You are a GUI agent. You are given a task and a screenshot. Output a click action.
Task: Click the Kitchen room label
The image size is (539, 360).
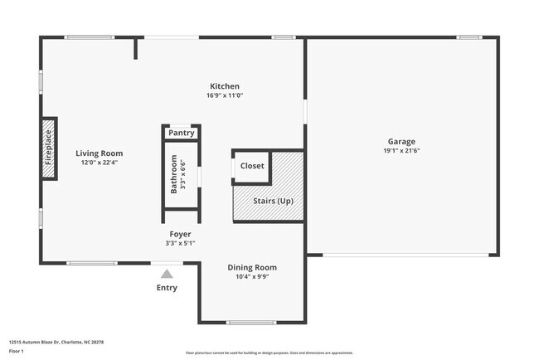pyautogui.click(x=225, y=86)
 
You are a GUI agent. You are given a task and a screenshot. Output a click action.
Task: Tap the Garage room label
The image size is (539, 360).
pyautogui.click(x=401, y=142)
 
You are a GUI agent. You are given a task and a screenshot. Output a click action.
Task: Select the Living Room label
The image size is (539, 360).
pyautogui.click(x=100, y=153)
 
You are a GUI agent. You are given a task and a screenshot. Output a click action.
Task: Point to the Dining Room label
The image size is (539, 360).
pyautogui.click(x=252, y=268)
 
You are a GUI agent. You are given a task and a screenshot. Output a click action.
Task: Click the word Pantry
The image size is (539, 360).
pyautogui.click(x=182, y=133)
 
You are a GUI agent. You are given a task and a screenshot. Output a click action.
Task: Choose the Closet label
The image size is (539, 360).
pyautogui.click(x=252, y=166)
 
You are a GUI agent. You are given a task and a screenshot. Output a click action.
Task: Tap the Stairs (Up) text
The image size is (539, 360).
pyautogui.click(x=274, y=202)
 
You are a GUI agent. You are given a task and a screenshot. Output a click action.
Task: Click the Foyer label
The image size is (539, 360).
pyautogui.click(x=181, y=235)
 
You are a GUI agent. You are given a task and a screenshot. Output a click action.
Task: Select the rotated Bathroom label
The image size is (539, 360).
pyautogui.click(x=174, y=174)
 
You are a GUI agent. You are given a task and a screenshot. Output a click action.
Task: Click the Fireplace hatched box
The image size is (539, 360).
pyautogui.click(x=49, y=148)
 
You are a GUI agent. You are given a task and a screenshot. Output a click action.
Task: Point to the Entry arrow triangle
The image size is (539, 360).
pyautogui.click(x=167, y=274)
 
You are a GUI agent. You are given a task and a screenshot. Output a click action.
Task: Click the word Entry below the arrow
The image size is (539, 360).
pyautogui.click(x=167, y=289)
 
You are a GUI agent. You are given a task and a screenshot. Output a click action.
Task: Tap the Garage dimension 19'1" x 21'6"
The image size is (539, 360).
pyautogui.click(x=401, y=152)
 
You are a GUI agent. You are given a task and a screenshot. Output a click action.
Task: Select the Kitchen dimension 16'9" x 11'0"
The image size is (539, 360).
pyautogui.click(x=225, y=95)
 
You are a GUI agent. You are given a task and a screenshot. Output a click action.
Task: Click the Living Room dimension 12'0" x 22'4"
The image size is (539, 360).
pyautogui.click(x=100, y=163)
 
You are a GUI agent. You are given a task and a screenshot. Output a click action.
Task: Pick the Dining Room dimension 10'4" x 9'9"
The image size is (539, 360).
pyautogui.click(x=252, y=277)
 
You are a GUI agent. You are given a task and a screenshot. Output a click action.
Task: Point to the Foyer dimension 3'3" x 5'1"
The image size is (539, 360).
pyautogui.click(x=181, y=244)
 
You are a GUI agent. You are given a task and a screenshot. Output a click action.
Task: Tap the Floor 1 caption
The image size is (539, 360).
pyautogui.click(x=17, y=352)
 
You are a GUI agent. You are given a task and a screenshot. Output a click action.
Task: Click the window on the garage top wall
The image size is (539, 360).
pyautogui.click(x=469, y=36)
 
